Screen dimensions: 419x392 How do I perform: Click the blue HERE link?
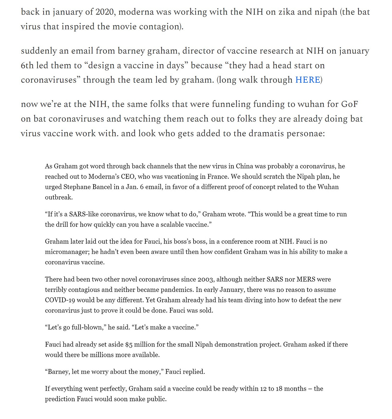coord(307,80)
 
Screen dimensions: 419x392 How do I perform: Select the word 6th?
coord(27,65)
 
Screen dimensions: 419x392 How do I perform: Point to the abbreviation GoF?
coord(349,104)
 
